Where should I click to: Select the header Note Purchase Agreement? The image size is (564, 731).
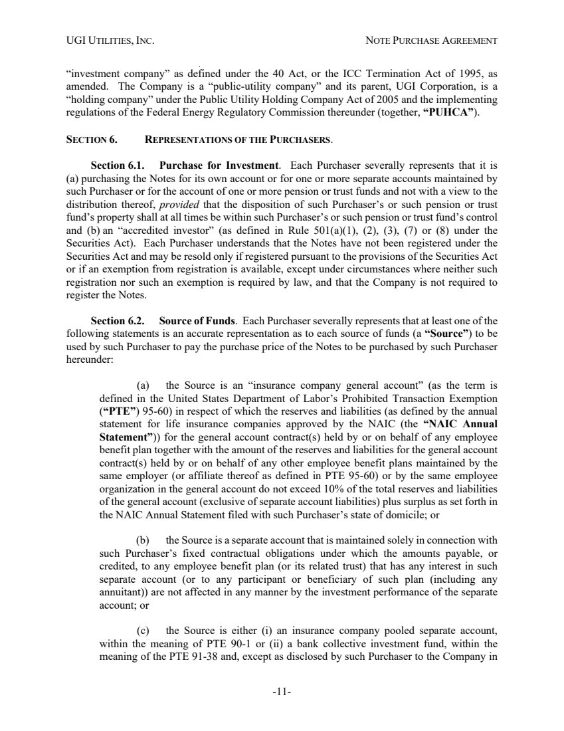click(432, 41)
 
